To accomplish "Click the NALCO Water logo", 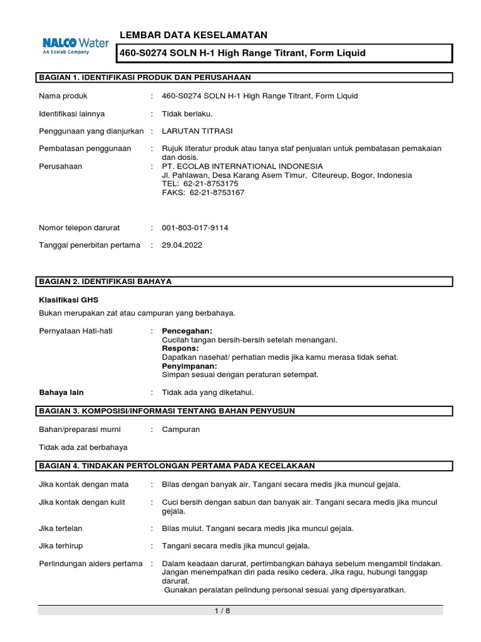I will tap(75, 46).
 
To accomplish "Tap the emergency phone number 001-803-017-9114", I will tap(195, 228).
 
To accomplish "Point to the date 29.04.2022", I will tap(182, 245).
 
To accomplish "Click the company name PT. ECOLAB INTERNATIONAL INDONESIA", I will tap(242, 166).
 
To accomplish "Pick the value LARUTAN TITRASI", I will tap(197, 130).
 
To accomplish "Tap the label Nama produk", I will tap(63, 96).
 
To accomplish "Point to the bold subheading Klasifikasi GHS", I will tap(68, 300).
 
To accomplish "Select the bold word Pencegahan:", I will tap(187, 330).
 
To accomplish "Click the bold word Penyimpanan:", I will tap(190, 366).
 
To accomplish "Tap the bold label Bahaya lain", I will tap(61, 392).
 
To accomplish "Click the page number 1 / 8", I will tap(240, 611).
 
